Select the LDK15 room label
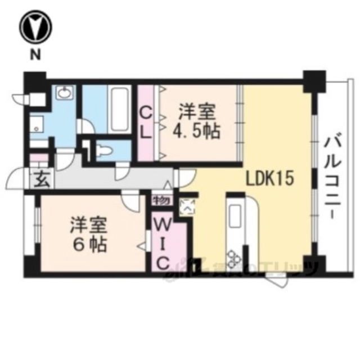point(269,179)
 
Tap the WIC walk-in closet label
point(163,245)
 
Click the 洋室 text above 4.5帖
point(196,111)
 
